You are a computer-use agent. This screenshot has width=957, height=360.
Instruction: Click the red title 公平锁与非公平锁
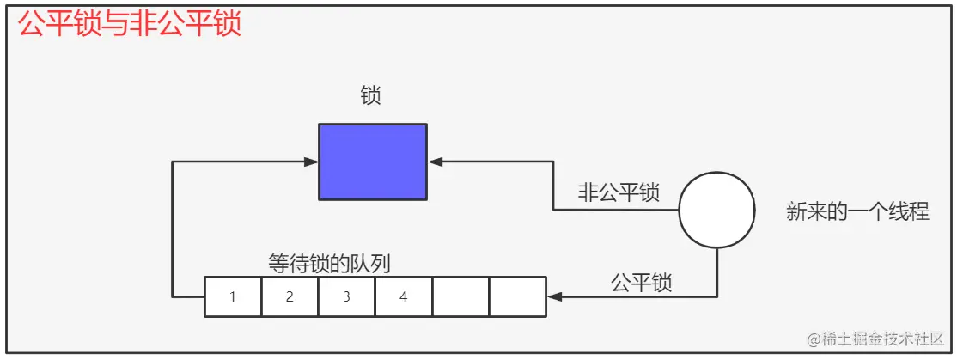pos(130,24)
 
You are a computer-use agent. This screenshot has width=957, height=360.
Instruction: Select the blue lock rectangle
pos(372,162)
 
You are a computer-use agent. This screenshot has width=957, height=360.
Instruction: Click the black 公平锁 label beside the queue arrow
pos(641,283)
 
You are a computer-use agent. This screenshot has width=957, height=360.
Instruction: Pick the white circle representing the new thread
pos(717,211)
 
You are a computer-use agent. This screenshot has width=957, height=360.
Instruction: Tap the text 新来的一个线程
pos(857,211)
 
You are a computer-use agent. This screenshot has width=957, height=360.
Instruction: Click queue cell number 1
pos(233,297)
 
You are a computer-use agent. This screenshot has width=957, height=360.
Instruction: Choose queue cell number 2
pos(290,297)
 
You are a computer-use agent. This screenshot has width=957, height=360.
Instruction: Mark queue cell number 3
pos(346,297)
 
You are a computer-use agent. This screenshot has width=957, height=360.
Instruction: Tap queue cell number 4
pos(403,297)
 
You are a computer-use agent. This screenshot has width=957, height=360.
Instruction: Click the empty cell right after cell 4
pos(460,297)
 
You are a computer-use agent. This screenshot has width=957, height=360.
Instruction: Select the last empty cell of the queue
pos(517,297)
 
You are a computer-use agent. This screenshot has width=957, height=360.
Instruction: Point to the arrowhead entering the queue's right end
pos(554,296)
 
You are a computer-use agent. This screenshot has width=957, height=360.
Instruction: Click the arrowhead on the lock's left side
pos(312,162)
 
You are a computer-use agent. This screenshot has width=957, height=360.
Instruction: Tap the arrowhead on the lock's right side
pos(434,162)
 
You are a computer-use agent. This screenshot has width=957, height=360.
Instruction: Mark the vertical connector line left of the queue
pos(173,229)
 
